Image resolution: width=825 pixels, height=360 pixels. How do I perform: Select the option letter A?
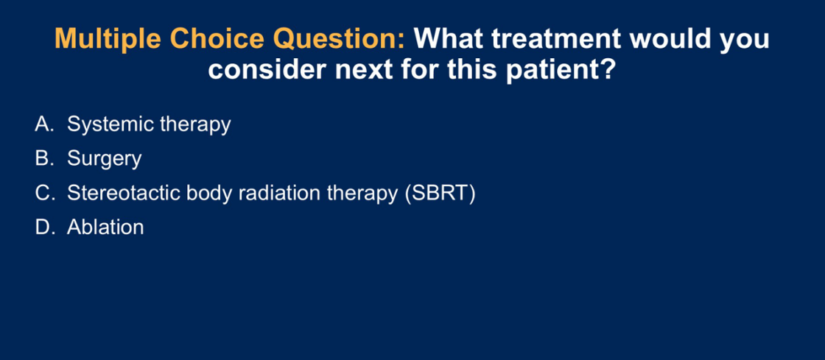coord(41,124)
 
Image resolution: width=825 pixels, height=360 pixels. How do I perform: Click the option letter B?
coord(41,158)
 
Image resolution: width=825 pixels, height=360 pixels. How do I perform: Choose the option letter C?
coord(42,193)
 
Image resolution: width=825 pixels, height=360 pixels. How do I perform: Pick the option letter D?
coord(42,227)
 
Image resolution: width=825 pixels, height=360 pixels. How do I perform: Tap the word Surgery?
coord(104,159)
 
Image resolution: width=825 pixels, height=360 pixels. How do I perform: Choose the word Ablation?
coord(105,227)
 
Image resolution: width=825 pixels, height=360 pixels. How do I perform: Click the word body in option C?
coord(208,194)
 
